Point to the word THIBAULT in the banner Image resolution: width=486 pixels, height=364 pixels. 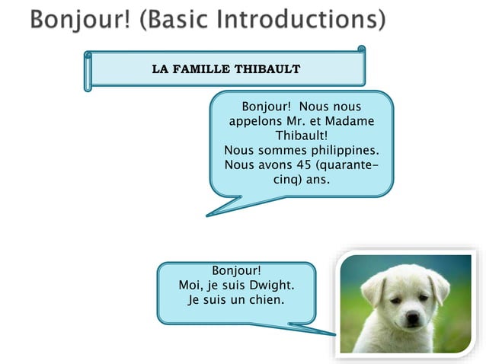pyautogui.click(x=266, y=69)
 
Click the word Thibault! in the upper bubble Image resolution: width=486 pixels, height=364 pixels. pyautogui.click(x=301, y=136)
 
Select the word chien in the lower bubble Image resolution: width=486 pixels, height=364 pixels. pyautogui.click(x=267, y=300)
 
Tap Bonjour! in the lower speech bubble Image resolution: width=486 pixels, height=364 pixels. pyautogui.click(x=236, y=271)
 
